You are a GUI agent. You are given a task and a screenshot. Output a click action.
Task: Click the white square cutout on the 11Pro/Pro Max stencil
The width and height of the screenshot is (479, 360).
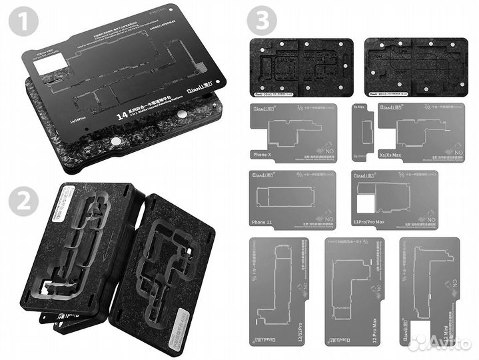click(366, 205)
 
